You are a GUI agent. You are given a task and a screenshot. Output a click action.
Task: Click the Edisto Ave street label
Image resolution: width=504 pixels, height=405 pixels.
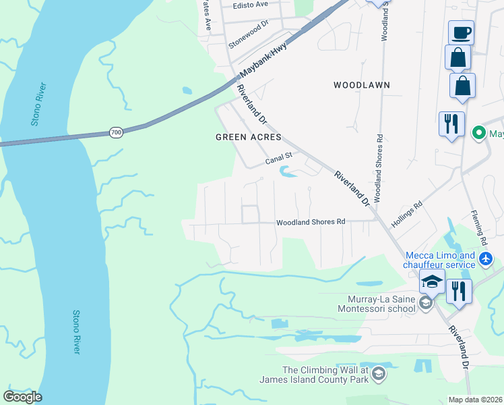(x=251, y=4)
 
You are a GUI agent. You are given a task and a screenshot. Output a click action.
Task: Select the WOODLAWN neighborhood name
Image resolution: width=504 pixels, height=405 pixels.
(x=362, y=85)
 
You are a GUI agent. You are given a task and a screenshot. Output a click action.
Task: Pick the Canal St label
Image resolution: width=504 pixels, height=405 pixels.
(x=278, y=159)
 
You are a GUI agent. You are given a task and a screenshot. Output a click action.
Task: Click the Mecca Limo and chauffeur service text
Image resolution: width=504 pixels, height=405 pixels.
(x=440, y=260)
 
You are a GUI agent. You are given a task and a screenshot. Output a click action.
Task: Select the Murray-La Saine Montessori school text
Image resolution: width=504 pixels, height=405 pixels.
(x=373, y=304)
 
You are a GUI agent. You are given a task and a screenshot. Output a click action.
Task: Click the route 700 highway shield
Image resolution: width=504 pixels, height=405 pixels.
(x=116, y=133)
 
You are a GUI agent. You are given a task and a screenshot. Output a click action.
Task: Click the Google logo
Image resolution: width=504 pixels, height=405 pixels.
(x=22, y=397)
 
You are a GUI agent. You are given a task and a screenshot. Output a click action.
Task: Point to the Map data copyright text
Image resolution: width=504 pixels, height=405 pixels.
(x=476, y=400)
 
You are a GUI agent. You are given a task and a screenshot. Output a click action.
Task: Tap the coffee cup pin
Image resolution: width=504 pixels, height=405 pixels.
(x=461, y=32)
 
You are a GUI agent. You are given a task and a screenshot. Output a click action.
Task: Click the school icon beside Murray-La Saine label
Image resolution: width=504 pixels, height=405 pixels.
(x=425, y=303)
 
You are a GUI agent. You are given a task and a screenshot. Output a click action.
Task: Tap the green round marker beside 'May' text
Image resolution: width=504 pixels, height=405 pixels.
(x=479, y=133)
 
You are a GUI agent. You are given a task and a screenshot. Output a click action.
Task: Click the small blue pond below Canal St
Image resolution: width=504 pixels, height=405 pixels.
(x=288, y=173)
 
